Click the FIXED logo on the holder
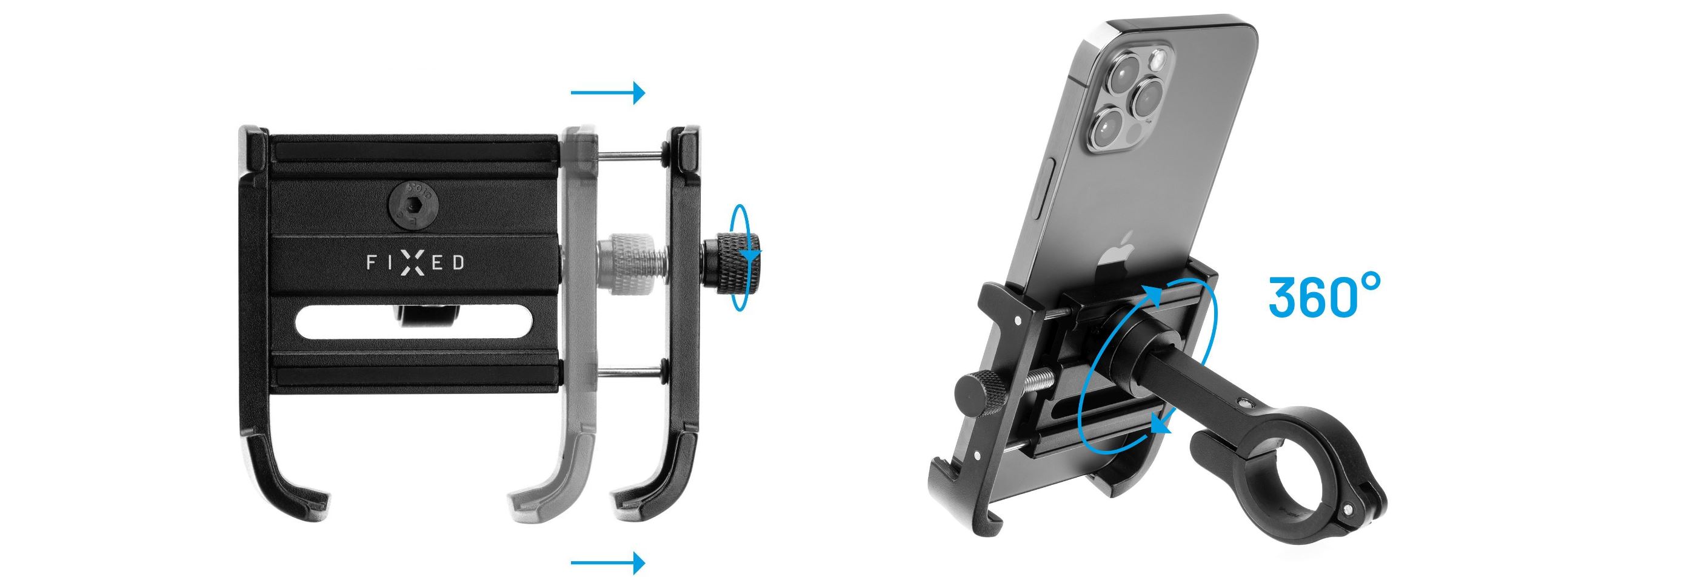pyautogui.click(x=415, y=263)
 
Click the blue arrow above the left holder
pyautogui.click(x=608, y=93)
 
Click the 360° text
pyautogui.click(x=1324, y=298)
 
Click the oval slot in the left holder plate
pyautogui.click(x=413, y=324)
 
